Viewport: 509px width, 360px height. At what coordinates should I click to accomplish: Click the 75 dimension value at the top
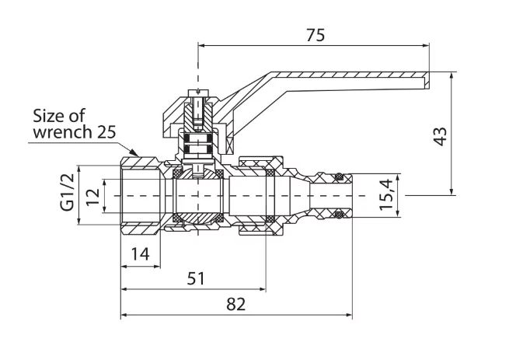pos(316,35)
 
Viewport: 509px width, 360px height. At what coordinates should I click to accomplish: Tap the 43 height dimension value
pos(441,137)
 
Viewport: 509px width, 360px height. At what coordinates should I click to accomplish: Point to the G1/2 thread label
pos(68,192)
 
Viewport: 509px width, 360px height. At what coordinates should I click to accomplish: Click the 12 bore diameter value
pos(93,197)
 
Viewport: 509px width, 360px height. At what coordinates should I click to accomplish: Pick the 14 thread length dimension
pos(140,254)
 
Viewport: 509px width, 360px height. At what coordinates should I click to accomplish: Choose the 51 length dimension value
pos(196,278)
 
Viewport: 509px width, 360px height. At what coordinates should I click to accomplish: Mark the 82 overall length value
pos(236,305)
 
